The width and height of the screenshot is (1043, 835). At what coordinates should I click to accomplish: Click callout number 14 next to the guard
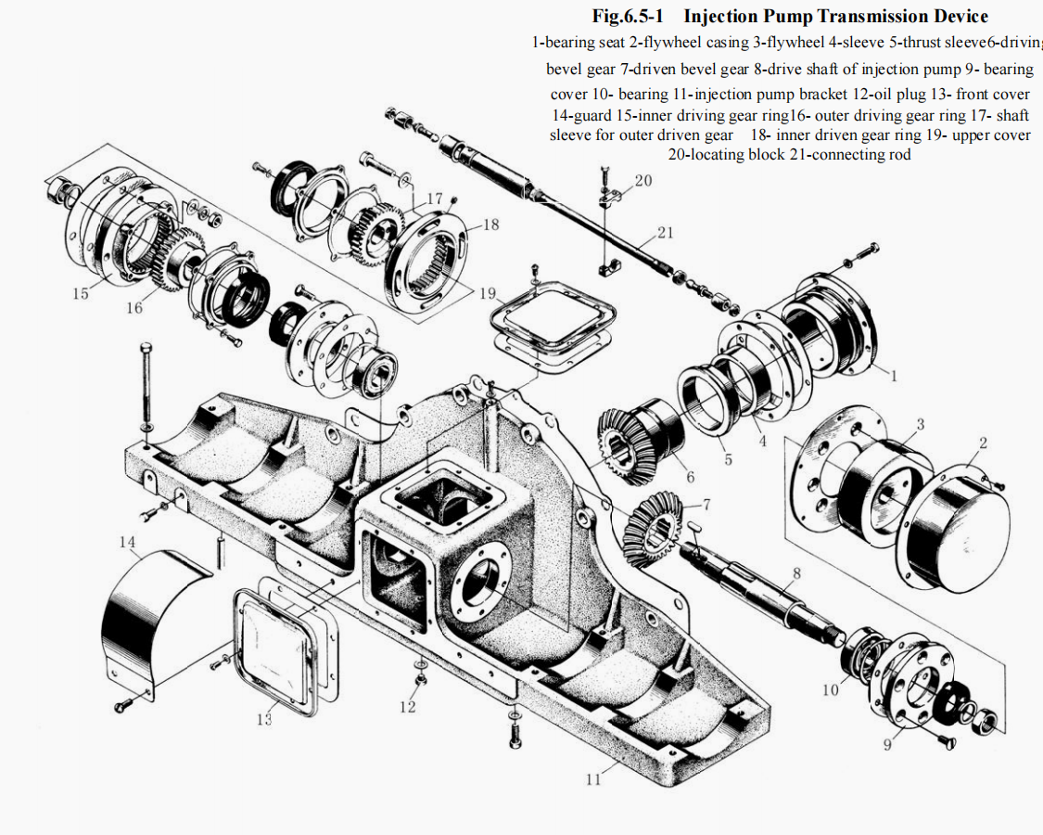click(126, 541)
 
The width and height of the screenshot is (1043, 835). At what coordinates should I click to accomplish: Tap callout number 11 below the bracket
click(593, 778)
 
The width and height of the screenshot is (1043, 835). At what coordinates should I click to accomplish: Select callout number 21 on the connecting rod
click(665, 233)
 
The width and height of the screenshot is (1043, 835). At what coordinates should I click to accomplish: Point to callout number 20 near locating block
click(642, 181)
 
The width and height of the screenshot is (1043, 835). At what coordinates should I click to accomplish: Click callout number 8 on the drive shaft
click(795, 575)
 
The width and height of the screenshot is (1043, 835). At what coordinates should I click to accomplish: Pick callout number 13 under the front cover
click(264, 719)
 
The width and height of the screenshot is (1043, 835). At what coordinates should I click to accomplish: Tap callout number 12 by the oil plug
click(408, 707)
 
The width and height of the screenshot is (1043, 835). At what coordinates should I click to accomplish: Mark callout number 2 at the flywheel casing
click(982, 443)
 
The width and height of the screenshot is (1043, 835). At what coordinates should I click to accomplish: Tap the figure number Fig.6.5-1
click(630, 17)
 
